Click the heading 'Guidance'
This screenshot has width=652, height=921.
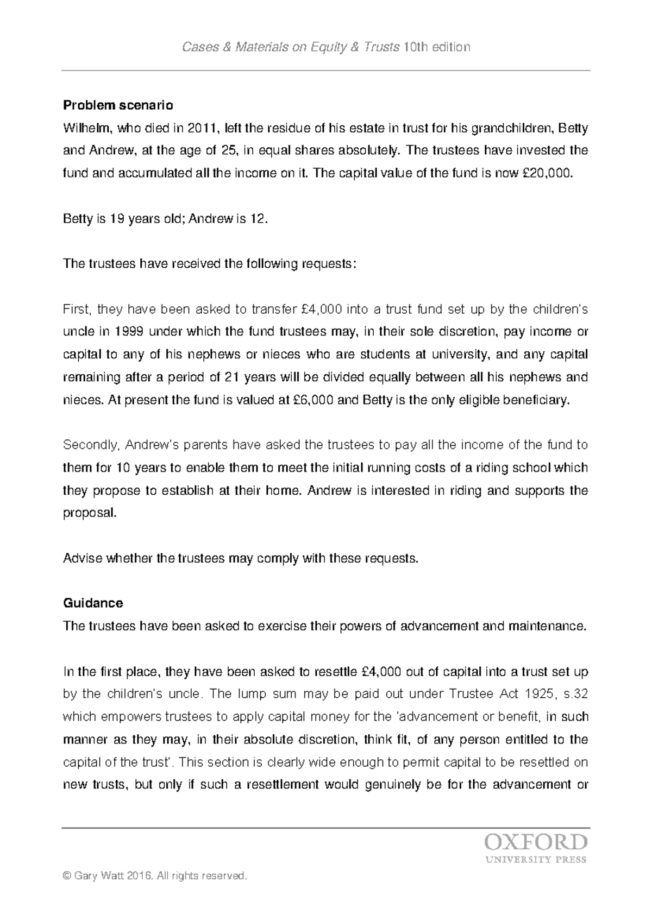[x=93, y=603]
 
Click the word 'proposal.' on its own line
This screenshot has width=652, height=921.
[x=90, y=514]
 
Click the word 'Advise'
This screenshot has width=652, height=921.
[x=82, y=558]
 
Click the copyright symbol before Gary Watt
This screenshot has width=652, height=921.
[x=67, y=875]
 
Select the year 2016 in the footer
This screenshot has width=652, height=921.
[x=139, y=875]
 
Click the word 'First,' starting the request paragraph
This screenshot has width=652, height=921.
[x=79, y=310]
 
